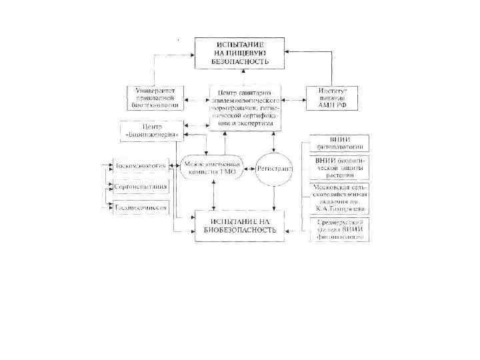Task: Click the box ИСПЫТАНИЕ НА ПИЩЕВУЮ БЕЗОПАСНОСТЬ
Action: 239,52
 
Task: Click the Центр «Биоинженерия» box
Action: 151,130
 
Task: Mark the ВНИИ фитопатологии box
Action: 341,143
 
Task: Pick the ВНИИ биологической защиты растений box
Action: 341,167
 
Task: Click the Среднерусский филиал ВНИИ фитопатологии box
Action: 341,229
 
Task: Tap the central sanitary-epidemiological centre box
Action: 244,107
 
